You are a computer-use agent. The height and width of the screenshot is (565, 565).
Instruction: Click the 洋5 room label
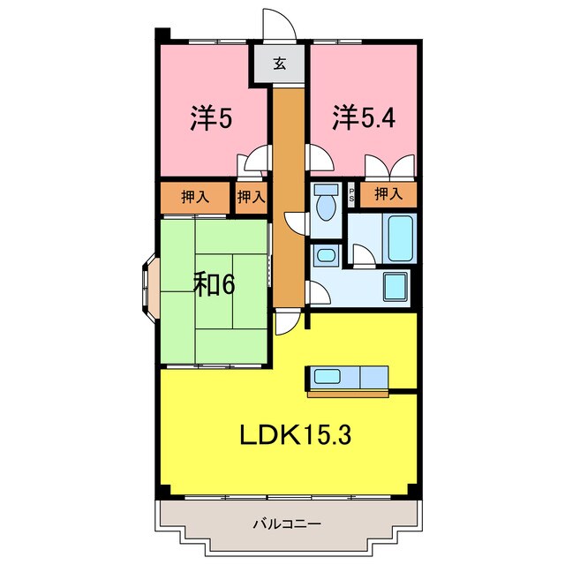[x=212, y=119]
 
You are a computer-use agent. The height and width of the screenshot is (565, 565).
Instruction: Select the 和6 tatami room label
[x=215, y=284]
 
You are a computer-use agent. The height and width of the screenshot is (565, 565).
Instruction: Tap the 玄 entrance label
[x=279, y=64]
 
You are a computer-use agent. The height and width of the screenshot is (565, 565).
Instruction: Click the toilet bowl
[x=326, y=202]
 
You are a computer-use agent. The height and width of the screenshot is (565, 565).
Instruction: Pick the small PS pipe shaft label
[x=351, y=194]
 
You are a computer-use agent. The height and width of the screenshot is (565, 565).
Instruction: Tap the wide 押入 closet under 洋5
[x=195, y=197]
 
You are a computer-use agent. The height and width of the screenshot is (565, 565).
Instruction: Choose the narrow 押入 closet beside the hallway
[x=252, y=197]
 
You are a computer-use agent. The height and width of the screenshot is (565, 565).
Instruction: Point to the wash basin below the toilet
[x=326, y=257]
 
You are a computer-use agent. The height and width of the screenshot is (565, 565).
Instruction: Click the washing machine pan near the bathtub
[x=396, y=287]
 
